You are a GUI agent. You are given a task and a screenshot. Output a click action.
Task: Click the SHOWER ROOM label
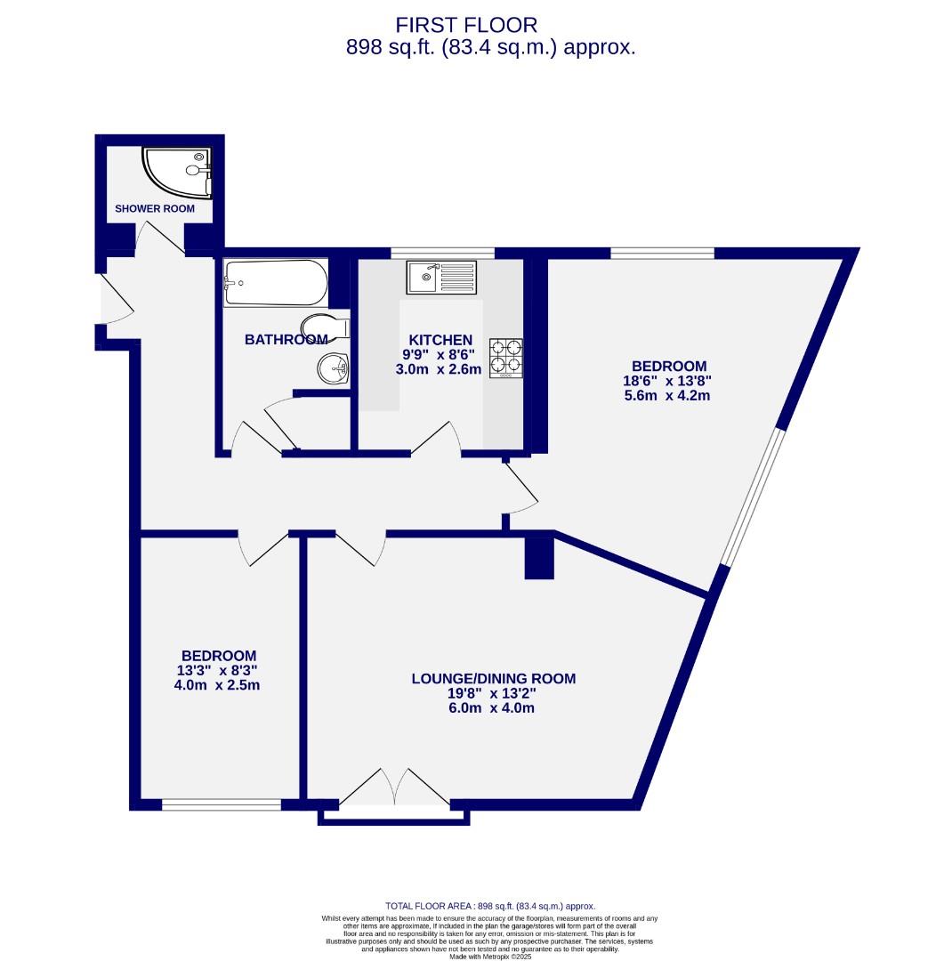coord(155,209)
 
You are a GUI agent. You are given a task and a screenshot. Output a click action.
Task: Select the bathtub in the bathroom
coord(275,282)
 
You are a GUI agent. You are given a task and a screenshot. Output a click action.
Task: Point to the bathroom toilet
coord(326,327)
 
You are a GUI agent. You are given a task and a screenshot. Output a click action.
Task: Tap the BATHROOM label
coord(286,339)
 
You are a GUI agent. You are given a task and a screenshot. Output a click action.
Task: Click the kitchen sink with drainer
coord(442,277)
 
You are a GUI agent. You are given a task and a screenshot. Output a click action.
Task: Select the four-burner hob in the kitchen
coord(505,359)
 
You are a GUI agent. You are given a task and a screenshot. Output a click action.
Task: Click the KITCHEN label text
coord(440,340)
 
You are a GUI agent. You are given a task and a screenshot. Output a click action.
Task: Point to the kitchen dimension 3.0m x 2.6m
coord(439,369)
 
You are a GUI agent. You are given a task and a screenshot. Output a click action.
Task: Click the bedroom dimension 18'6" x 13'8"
coord(669,381)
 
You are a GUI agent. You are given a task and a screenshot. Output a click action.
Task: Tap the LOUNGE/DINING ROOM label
coord(493,679)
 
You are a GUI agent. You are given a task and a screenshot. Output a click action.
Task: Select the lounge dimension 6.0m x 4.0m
coord(493,708)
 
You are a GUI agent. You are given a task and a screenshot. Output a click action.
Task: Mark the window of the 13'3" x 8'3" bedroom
coord(222,805)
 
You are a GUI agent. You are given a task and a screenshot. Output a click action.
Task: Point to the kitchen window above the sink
coord(442,253)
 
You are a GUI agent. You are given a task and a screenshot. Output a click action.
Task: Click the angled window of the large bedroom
coord(754,498)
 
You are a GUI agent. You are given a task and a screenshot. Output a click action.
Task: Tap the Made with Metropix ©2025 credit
coord(489,956)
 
